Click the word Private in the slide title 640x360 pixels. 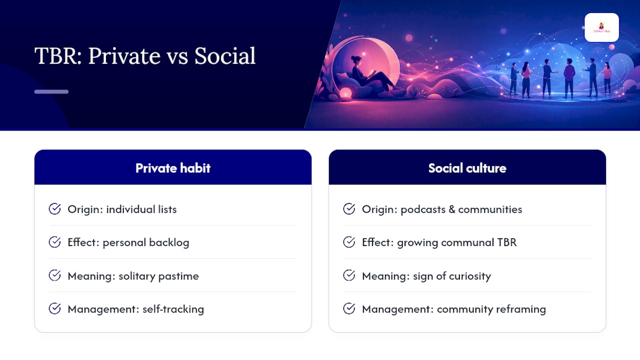coord(124,56)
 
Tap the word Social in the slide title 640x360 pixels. coord(225,55)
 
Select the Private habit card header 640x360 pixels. coord(173,167)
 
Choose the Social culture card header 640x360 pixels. coord(467,167)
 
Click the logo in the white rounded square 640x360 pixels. coord(601,27)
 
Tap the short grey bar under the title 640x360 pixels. coord(51,91)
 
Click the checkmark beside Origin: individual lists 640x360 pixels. coord(54,209)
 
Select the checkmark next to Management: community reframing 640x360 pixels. coord(349,308)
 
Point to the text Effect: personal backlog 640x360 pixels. coord(128,242)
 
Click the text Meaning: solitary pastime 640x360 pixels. coord(133,276)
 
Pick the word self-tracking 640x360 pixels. coord(173,309)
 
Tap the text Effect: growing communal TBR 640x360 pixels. coord(439,242)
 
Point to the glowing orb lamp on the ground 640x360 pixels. coord(345,93)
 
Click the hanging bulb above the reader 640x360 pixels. coord(363,53)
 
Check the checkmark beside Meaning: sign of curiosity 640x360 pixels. coord(349,275)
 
